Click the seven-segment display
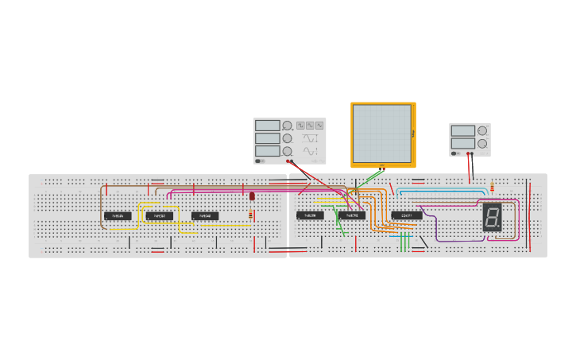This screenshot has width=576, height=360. [x=492, y=217]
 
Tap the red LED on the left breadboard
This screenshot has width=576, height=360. [x=252, y=195]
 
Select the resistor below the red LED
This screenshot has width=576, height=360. [x=251, y=215]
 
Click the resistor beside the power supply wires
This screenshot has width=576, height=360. [x=492, y=188]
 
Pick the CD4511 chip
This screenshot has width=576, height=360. [x=407, y=215]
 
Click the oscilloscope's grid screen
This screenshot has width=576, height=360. [x=382, y=134]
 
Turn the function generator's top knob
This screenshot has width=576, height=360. [x=287, y=126]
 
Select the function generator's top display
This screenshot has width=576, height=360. [x=268, y=126]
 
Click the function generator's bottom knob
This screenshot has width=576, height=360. [x=287, y=150]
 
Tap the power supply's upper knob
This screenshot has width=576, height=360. [x=481, y=130]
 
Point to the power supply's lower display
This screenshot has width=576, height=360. [x=463, y=144]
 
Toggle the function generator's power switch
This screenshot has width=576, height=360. [x=260, y=161]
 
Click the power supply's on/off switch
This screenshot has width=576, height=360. [x=454, y=153]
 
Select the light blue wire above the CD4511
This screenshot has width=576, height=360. [x=441, y=191]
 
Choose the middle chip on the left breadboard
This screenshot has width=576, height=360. [x=159, y=216]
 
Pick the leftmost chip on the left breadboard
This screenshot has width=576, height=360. [x=118, y=216]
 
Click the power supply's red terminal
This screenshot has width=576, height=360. [x=473, y=153]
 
